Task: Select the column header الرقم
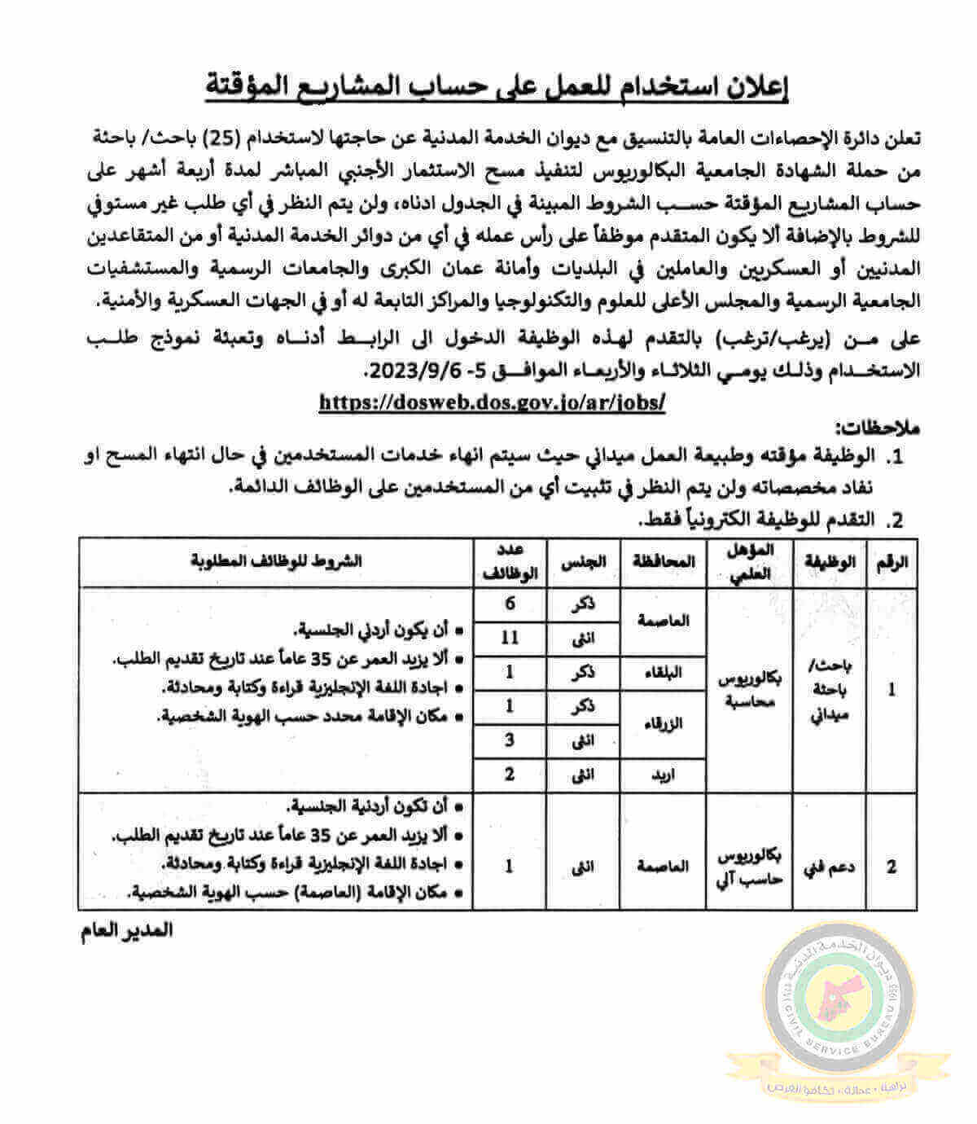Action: tap(893, 561)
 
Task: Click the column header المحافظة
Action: tap(664, 561)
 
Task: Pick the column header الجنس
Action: tap(584, 561)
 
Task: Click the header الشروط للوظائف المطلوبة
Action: tap(277, 561)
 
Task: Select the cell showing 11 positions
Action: tap(510, 638)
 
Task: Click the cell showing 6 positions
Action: tap(510, 604)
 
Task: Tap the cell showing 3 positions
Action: tap(510, 740)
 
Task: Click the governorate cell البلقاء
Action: tap(664, 672)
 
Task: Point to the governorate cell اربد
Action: tap(664, 774)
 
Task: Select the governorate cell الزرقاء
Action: tap(664, 723)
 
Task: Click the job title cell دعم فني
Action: tap(830, 867)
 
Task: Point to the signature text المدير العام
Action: tap(127, 930)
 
